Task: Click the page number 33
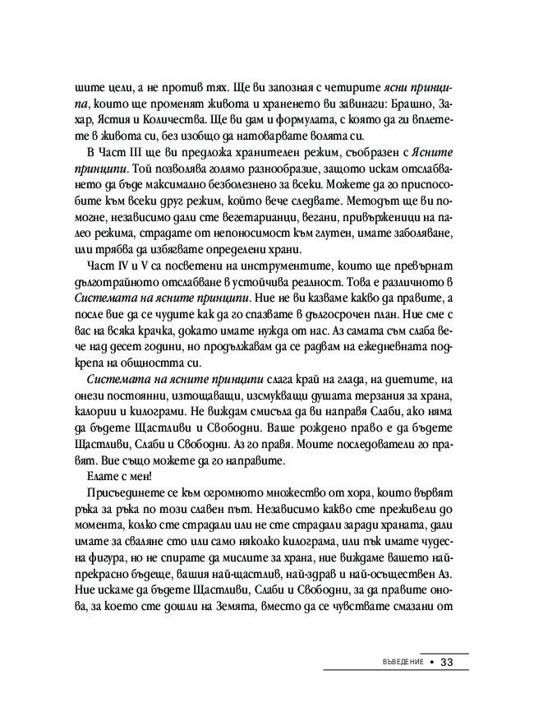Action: tap(451, 663)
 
